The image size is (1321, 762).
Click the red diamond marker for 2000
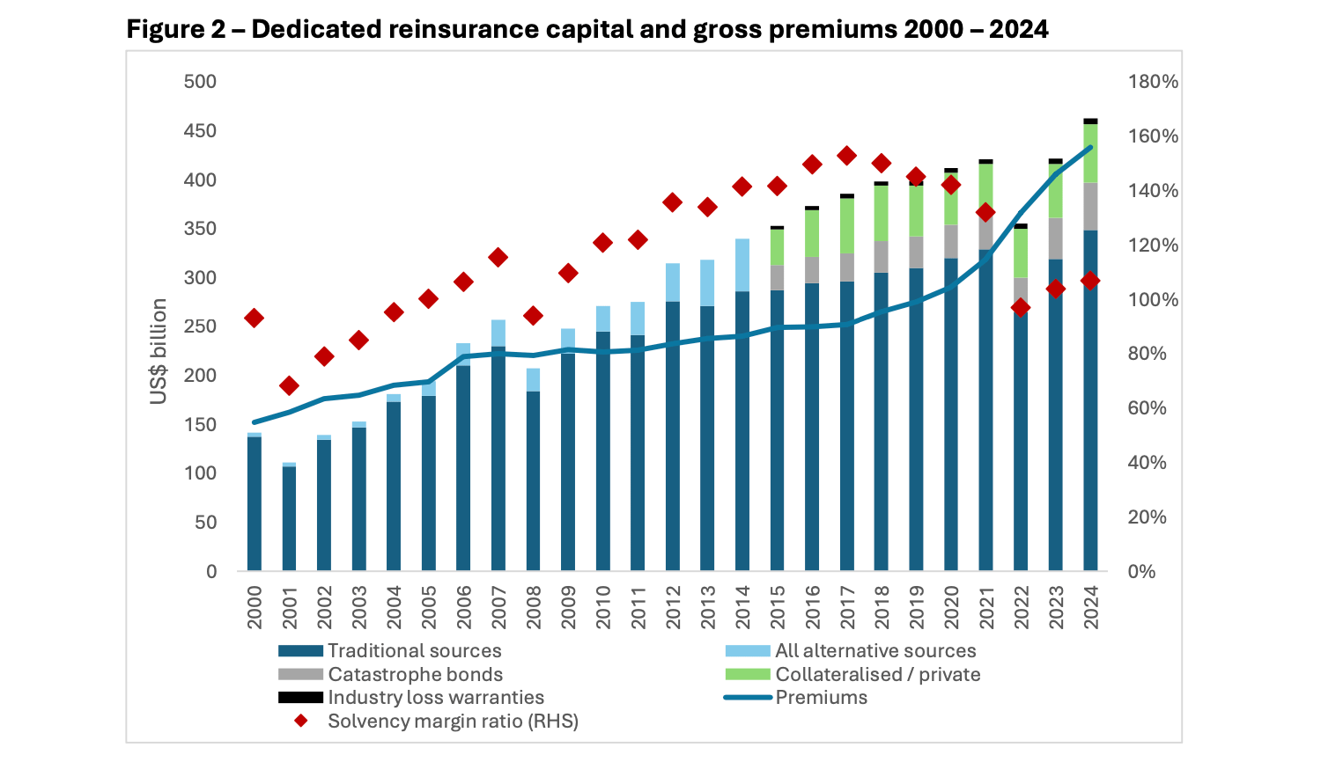coord(255,318)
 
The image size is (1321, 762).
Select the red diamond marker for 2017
coord(847,156)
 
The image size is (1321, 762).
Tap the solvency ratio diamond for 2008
coord(533,315)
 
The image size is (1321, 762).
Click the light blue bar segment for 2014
coord(742,265)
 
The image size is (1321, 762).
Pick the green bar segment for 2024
coord(1090,153)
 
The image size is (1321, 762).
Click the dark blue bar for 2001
coord(289,518)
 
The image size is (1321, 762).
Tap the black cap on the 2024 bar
coord(1090,121)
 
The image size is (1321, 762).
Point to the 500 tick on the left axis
coord(200,82)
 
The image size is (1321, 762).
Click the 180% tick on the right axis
coord(1153,82)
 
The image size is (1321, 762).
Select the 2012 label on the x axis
coord(674,607)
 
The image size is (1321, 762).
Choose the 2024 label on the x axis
coord(1091,607)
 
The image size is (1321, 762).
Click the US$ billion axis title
coord(159,351)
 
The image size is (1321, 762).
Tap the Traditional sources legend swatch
coord(300,651)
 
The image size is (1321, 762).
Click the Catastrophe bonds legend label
coord(415,675)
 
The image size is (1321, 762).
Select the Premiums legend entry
coord(821,698)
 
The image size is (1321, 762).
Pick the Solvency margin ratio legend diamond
coord(301,722)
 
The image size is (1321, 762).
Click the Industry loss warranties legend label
coord(436,698)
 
